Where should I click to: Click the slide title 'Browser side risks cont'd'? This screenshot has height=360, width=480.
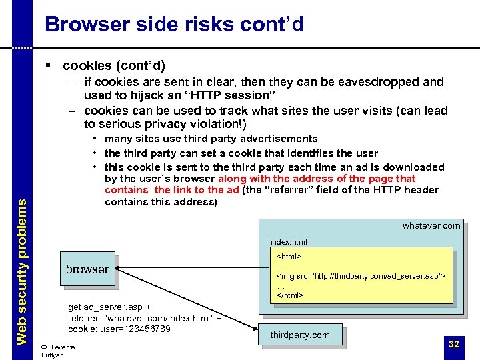174,25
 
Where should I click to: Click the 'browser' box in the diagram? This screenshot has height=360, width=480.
87,269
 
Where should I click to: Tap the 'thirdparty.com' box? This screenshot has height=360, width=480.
300,335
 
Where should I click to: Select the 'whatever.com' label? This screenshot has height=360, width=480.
431,225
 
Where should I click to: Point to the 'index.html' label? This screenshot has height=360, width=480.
289,242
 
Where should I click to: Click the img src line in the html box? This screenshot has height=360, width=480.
361,275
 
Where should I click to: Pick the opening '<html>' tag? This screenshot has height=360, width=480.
289,256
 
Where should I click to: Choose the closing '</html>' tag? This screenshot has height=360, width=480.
290,294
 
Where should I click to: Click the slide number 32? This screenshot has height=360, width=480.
454,344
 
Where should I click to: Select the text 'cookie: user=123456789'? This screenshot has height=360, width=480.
119,329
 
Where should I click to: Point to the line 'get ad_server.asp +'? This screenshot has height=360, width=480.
109,307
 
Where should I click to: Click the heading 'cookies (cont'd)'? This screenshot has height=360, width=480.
114,65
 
